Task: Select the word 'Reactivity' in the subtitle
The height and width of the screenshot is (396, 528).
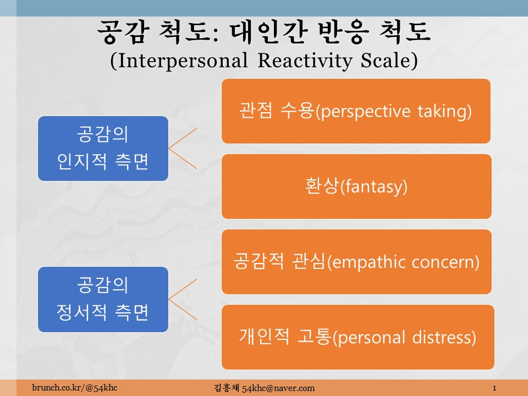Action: (305, 61)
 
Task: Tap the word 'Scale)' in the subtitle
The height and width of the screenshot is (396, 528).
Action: (389, 61)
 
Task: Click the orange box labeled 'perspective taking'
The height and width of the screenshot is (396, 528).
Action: (356, 111)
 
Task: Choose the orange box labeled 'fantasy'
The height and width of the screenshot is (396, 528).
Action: (356, 186)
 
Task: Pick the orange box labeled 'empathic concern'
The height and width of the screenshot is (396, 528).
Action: (356, 262)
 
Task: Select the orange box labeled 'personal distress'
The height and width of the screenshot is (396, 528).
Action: (358, 337)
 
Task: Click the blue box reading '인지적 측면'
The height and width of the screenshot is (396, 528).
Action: (103, 148)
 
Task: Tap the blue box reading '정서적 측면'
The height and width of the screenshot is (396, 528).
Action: (103, 299)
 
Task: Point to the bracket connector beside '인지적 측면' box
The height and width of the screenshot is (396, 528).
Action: (169, 148)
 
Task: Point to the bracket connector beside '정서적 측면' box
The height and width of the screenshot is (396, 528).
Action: (169, 299)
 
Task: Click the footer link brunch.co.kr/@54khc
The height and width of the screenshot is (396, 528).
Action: (75, 388)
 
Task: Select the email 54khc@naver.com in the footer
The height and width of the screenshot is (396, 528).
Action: (278, 388)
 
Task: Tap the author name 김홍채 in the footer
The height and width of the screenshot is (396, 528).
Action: (227, 388)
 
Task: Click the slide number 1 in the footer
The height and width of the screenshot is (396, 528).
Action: (494, 388)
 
